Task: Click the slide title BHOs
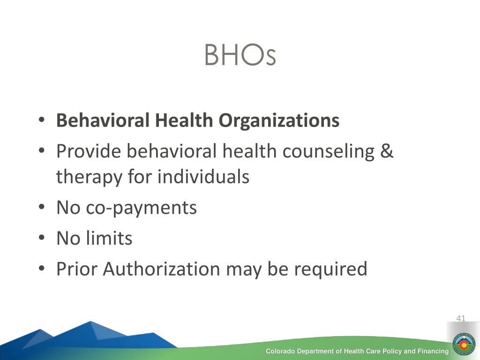click(240, 55)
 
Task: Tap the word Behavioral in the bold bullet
click(103, 120)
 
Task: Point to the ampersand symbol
click(387, 151)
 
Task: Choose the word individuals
click(203, 177)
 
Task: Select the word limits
click(109, 238)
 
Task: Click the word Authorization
click(161, 269)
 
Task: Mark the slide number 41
click(461, 318)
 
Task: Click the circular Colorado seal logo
click(464, 345)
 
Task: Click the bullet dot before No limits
click(42, 238)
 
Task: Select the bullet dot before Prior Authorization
click(42, 269)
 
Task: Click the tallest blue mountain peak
click(90, 322)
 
